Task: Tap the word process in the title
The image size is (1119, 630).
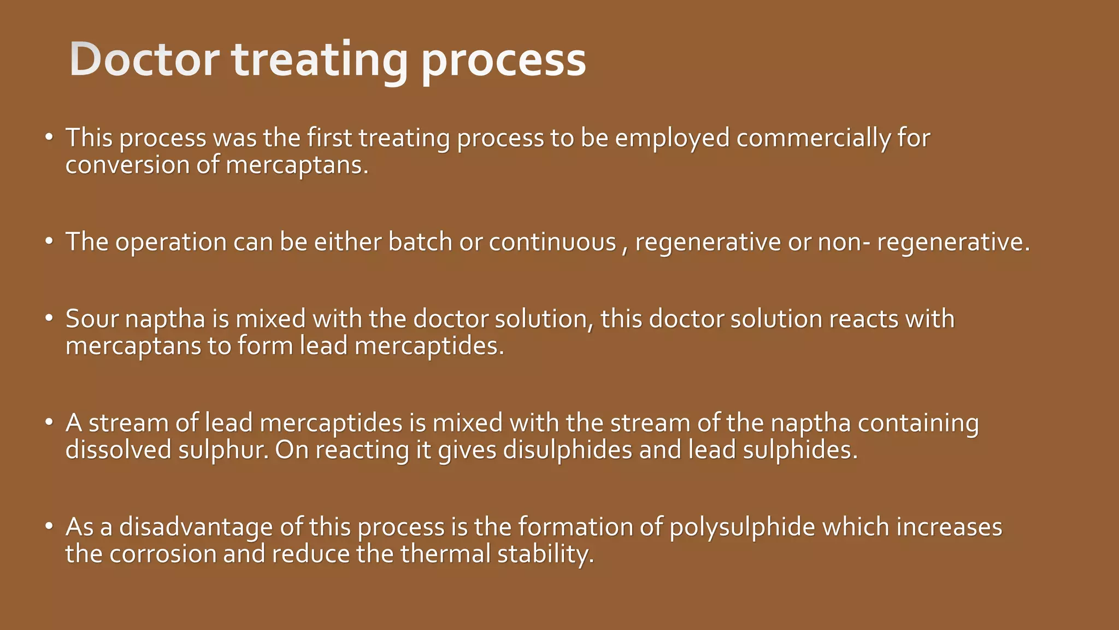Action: click(x=503, y=61)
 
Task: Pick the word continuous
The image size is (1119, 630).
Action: click(x=552, y=242)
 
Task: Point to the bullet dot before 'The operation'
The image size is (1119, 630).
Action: click(x=49, y=241)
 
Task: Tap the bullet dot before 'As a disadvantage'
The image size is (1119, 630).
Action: click(x=49, y=526)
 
